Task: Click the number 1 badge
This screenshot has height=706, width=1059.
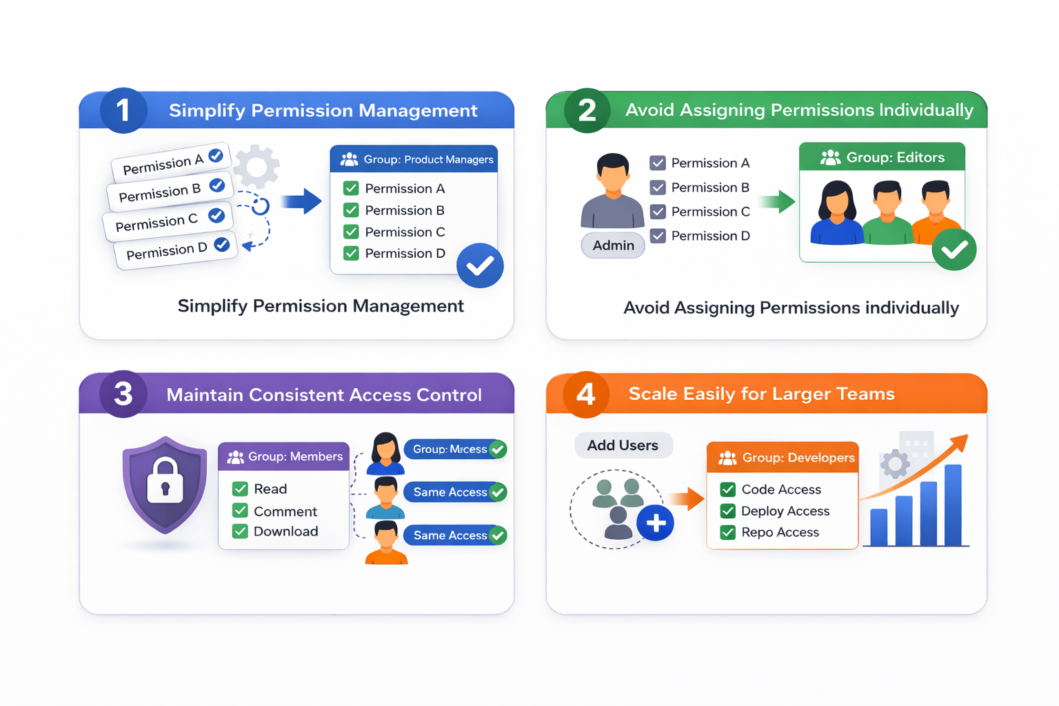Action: point(123,110)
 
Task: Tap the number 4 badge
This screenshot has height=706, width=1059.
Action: point(586,394)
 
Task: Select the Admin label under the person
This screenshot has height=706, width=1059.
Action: point(613,245)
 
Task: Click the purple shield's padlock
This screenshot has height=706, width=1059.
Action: point(165,481)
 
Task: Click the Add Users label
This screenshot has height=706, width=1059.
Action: point(623,445)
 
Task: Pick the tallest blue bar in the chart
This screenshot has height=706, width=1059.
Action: point(953,505)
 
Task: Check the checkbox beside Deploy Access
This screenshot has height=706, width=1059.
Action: point(727,511)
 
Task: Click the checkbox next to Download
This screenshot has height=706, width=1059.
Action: point(240,532)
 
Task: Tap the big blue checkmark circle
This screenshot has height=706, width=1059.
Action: point(480,265)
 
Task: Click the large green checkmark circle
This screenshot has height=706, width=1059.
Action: point(954,250)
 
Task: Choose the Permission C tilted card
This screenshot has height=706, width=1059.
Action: point(168,221)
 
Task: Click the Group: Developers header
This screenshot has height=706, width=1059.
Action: point(783,458)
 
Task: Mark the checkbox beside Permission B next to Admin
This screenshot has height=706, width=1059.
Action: point(658,188)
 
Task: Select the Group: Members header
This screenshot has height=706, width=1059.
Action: point(284,456)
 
